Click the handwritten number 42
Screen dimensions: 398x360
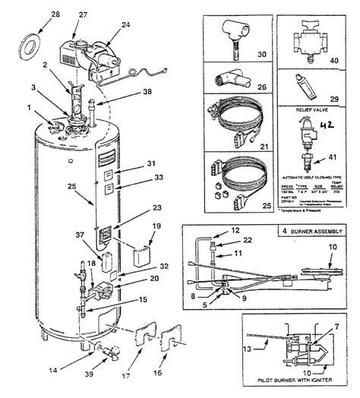click(x=327, y=125)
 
